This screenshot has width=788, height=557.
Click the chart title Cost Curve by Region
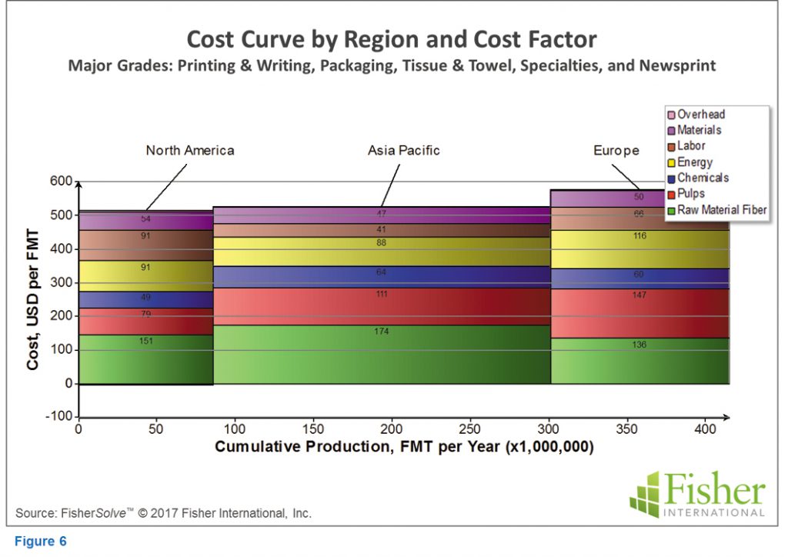pyautogui.click(x=392, y=39)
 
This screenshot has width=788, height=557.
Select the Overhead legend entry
pyautogui.click(x=700, y=115)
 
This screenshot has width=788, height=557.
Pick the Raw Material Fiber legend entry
pyautogui.click(x=716, y=209)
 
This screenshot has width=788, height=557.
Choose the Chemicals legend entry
pyautogui.click(x=702, y=178)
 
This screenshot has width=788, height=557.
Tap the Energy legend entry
pyautogui.click(x=694, y=162)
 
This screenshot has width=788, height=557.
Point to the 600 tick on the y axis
pyautogui.click(x=62, y=182)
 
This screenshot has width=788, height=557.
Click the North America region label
pyautogui.click(x=190, y=151)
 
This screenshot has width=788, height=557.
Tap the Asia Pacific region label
pyautogui.click(x=403, y=151)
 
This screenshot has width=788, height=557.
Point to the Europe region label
pyautogui.click(x=616, y=151)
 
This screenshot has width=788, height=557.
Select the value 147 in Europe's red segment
pyautogui.click(x=639, y=295)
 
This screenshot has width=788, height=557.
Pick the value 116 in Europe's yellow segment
pyautogui.click(x=639, y=236)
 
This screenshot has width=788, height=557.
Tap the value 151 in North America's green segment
pyautogui.click(x=145, y=340)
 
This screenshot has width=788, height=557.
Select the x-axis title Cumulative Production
pyautogui.click(x=404, y=447)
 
